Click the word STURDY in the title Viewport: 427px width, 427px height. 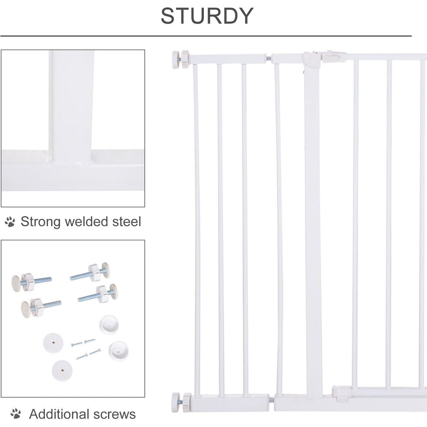(x=207, y=16)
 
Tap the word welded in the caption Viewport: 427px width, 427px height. (x=88, y=222)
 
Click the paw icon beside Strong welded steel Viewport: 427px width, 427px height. (x=10, y=222)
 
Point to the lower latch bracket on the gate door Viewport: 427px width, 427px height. (x=342, y=392)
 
